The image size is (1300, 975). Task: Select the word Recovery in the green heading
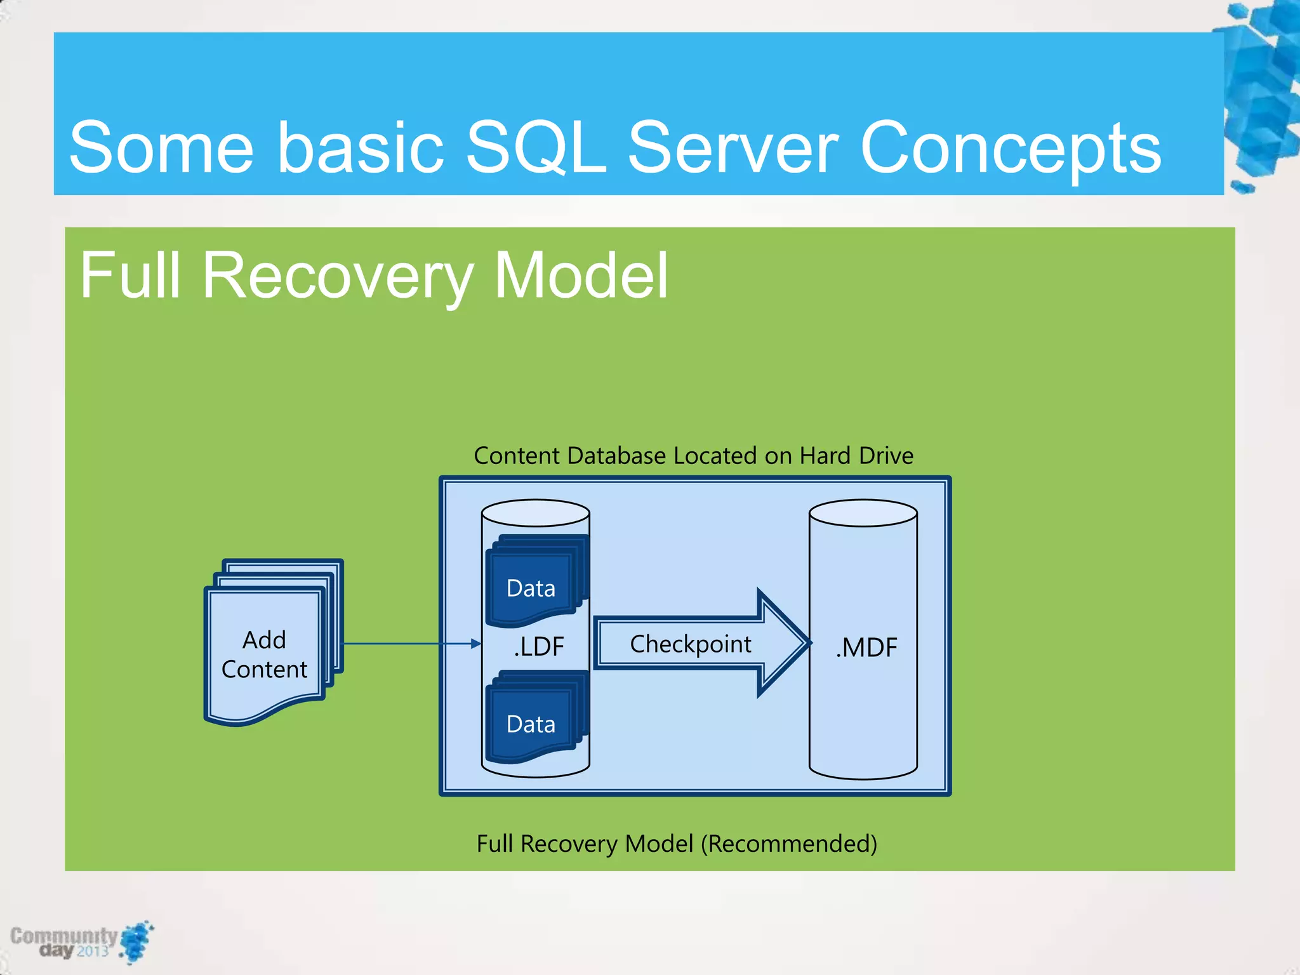[337, 275]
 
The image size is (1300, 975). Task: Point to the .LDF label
[538, 646]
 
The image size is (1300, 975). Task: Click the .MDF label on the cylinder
[866, 647]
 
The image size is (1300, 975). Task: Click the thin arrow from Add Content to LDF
[406, 644]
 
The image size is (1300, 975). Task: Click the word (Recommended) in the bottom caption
[788, 844]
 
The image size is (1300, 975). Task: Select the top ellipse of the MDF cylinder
[863, 513]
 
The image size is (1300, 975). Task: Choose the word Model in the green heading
[581, 275]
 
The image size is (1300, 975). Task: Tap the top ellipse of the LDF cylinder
[535, 513]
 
